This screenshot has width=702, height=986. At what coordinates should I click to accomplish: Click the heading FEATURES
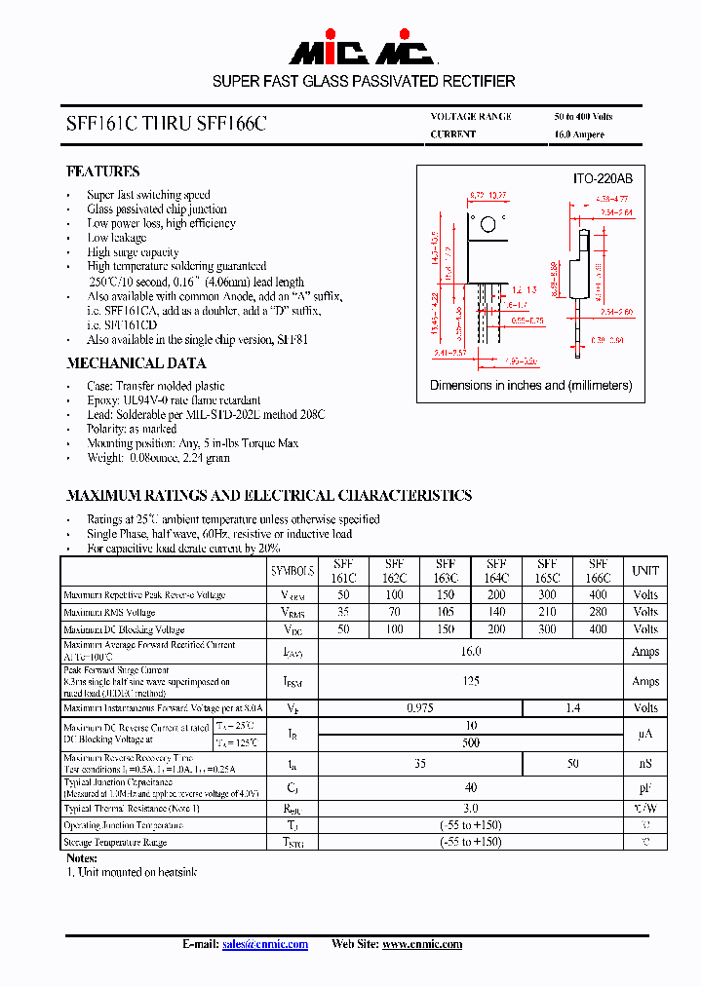click(102, 171)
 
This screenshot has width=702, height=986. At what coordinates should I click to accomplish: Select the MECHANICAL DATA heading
click(136, 363)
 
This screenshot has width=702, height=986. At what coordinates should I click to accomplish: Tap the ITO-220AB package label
click(602, 179)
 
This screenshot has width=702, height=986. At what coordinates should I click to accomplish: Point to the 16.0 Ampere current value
click(579, 134)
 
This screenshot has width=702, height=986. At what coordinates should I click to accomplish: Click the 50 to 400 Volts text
click(584, 116)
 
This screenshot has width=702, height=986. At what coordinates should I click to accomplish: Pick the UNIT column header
click(645, 571)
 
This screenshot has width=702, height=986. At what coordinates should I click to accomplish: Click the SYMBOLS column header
click(292, 571)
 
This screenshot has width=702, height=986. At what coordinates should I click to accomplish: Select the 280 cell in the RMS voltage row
click(599, 612)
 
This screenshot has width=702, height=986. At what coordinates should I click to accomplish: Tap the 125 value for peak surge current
click(471, 681)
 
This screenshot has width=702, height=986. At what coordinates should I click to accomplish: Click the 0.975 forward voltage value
click(420, 708)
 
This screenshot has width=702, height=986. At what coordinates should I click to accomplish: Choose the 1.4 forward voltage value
click(573, 708)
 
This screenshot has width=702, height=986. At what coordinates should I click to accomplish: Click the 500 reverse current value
click(471, 742)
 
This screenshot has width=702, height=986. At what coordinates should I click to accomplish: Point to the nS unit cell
click(645, 765)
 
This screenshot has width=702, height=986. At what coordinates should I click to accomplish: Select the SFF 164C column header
click(496, 571)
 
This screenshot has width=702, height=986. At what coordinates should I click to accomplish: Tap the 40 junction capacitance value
click(471, 787)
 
